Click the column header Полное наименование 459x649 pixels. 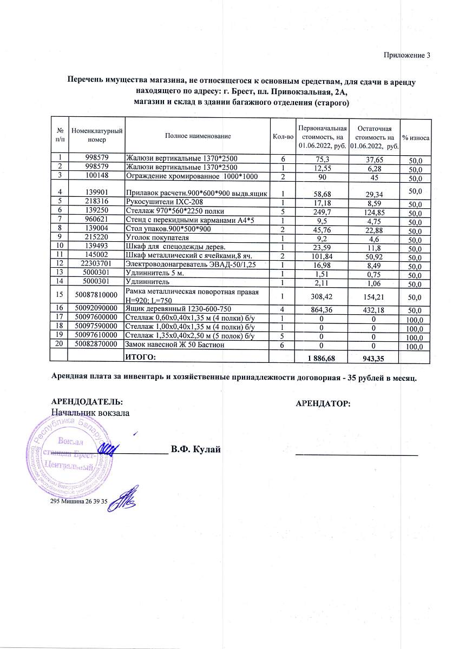[198, 136]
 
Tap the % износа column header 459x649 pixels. [416, 138]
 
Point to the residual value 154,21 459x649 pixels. [375, 297]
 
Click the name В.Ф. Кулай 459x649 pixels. [195, 449]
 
